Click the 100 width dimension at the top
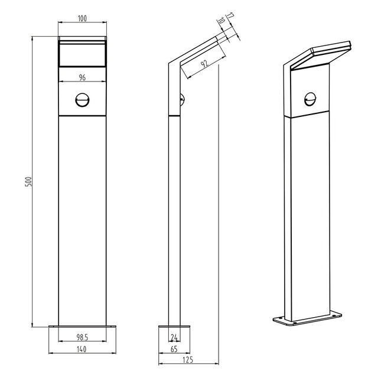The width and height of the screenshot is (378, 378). (82, 19)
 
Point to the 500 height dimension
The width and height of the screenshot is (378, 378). (27, 181)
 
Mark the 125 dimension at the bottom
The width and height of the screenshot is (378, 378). (188, 360)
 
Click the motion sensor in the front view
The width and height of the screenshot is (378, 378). (82, 101)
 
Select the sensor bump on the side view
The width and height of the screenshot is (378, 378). (184, 100)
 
